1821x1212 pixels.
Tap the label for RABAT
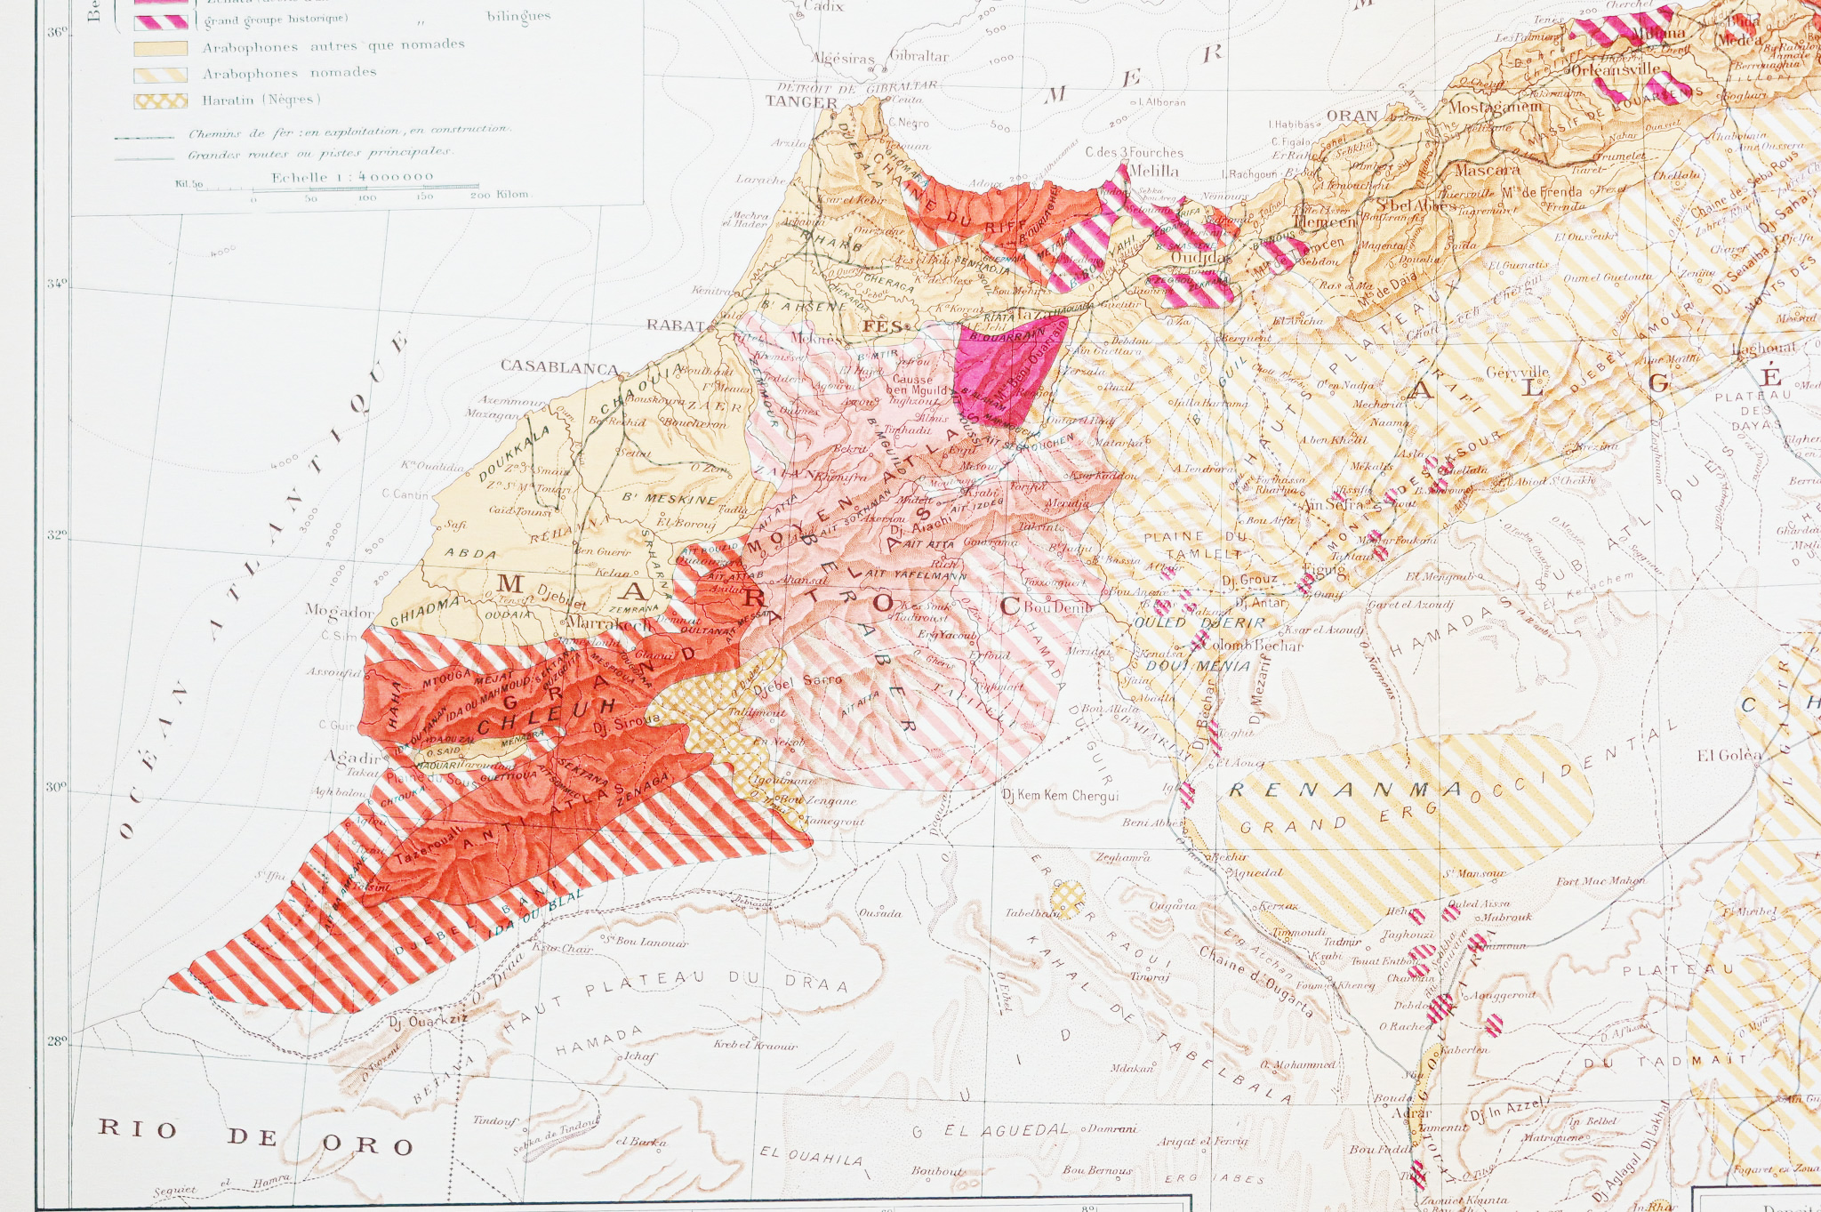pyautogui.click(x=676, y=325)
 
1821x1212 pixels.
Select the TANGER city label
pyautogui.click(x=801, y=102)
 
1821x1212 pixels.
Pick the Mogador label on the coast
pyautogui.click(x=339, y=611)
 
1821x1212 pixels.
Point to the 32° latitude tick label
pyautogui.click(x=56, y=535)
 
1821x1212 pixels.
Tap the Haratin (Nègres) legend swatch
pyautogui.click(x=160, y=101)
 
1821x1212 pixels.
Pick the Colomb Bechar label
pyautogui.click(x=1254, y=646)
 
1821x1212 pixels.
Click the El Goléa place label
pyautogui.click(x=1729, y=756)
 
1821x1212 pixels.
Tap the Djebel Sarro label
pyautogui.click(x=797, y=681)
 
